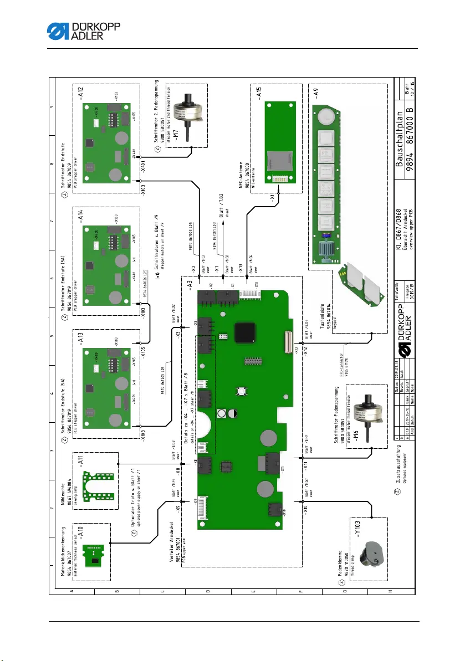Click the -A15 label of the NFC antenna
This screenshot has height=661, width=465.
[258, 101]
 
